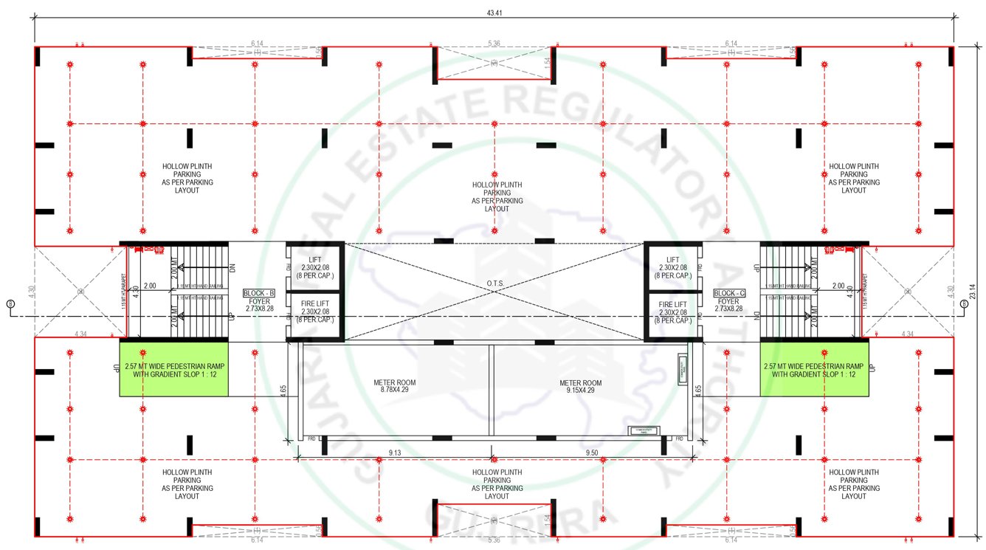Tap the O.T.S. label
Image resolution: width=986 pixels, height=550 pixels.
pos(494,283)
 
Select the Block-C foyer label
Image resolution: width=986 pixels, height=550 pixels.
pos(728,300)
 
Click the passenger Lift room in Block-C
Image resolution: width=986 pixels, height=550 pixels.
pos(672,267)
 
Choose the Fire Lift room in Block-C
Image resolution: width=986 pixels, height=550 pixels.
pos(672,312)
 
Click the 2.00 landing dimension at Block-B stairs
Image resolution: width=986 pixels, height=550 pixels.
pos(150,286)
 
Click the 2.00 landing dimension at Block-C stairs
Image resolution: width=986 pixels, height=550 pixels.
pos(838,286)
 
